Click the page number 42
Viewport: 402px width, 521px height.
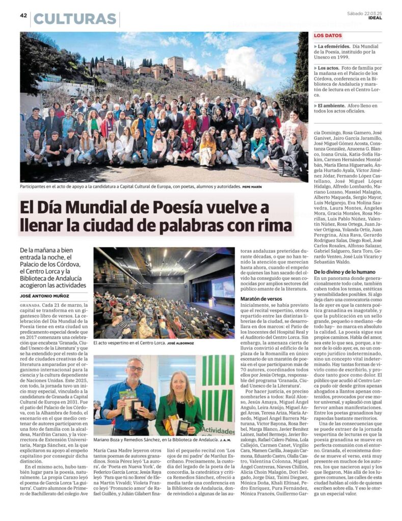click(23, 15)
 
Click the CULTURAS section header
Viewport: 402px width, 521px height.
click(75, 19)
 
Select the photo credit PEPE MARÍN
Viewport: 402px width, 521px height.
click(252, 187)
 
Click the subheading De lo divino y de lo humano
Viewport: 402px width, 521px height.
click(344, 272)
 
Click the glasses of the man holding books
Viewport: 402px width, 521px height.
click(135, 369)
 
